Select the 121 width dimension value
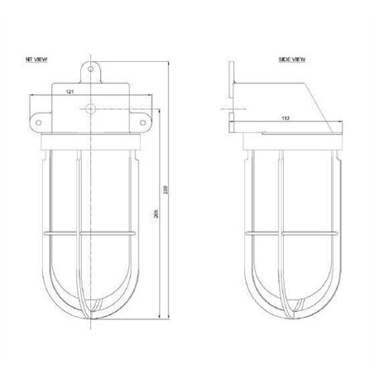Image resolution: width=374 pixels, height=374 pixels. [72, 92]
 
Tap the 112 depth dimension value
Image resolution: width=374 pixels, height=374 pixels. [285, 118]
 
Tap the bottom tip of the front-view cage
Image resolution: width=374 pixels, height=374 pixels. [92, 317]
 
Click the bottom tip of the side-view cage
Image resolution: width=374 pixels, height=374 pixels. [292, 317]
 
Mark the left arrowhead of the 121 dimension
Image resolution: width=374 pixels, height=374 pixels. [54, 98]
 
